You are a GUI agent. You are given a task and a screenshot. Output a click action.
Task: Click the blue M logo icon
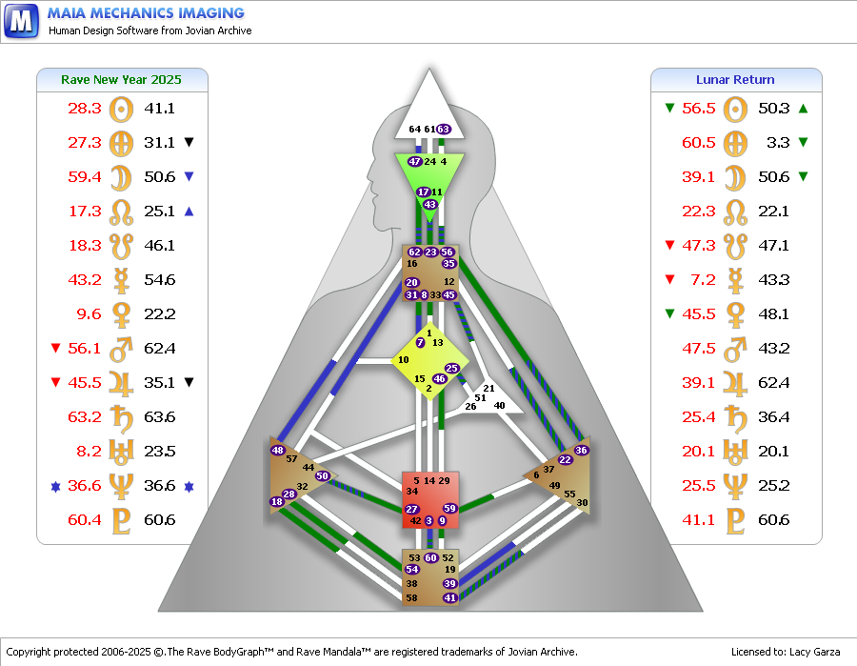pyautogui.click(x=21, y=21)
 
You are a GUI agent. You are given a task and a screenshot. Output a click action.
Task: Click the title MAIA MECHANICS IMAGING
pyautogui.click(x=146, y=13)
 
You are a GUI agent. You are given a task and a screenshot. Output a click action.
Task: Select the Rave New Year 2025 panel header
pyautogui.click(x=121, y=80)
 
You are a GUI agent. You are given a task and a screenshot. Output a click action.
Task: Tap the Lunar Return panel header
pyautogui.click(x=735, y=80)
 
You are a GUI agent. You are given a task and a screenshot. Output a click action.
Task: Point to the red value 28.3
pyautogui.click(x=85, y=109)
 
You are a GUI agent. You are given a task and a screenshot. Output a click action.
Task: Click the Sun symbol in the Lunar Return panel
pyautogui.click(x=735, y=110)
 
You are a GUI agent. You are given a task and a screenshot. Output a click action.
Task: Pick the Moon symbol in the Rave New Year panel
pyautogui.click(x=121, y=178)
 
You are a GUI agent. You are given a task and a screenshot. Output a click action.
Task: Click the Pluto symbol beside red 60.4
pyautogui.click(x=121, y=520)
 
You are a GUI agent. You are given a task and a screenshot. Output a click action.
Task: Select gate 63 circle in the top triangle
pyautogui.click(x=443, y=129)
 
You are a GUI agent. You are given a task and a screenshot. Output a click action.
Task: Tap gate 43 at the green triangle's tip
pyautogui.click(x=430, y=205)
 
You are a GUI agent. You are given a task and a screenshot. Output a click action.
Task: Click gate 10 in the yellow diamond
pyautogui.click(x=404, y=360)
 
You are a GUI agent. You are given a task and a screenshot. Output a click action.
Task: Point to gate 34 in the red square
pyautogui.click(x=412, y=491)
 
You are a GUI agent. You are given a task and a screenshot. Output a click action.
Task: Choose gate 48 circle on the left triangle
pyautogui.click(x=278, y=450)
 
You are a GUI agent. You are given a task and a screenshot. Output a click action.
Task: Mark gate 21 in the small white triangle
pyautogui.click(x=489, y=388)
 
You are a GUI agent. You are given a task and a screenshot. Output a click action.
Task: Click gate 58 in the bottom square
pyautogui.click(x=411, y=597)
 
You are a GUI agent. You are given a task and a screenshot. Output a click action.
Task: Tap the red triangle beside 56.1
pyautogui.click(x=55, y=348)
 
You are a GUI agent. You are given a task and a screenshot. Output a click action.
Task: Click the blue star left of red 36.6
pyautogui.click(x=55, y=486)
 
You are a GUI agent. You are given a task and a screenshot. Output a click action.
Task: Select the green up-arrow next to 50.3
pyautogui.click(x=803, y=109)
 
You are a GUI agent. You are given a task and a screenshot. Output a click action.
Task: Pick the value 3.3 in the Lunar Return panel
pyautogui.click(x=778, y=143)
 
